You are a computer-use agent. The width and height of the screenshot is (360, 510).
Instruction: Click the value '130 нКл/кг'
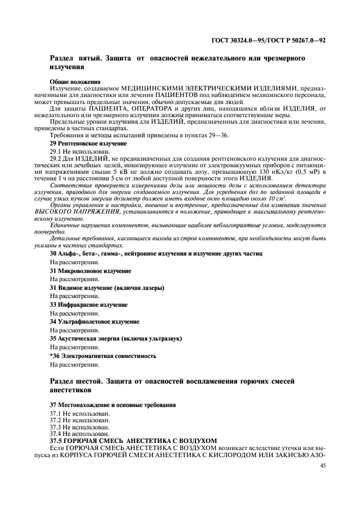[277, 172]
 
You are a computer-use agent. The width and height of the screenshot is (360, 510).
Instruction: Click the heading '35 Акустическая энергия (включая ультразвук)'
[115, 338]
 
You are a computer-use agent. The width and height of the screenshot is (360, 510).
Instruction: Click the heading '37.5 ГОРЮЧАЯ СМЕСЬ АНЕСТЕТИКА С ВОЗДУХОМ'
[133, 440]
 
